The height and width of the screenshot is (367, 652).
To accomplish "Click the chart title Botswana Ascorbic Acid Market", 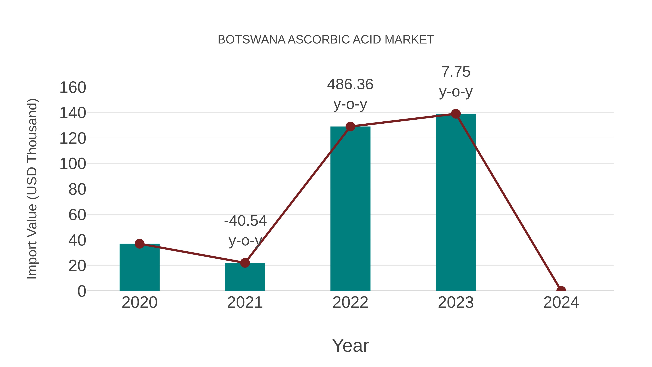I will pos(326,40).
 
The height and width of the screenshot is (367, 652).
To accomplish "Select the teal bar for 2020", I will pos(139,268).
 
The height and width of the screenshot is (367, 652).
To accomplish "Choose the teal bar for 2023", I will pos(456,203).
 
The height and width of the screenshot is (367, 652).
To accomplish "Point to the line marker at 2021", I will pos(245,263).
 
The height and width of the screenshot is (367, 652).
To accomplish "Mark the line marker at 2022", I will pos(350,126).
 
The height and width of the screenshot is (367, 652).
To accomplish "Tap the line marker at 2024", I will pos(561,290).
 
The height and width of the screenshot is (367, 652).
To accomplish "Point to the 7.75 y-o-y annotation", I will pos(456,82).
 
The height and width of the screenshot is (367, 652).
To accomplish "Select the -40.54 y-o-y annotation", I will pos(245,231).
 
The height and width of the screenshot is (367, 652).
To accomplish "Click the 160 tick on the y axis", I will pos(73,88).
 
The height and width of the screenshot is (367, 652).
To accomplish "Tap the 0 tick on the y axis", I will pos(82,291).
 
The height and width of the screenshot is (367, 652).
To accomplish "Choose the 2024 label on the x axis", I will pos(561,302).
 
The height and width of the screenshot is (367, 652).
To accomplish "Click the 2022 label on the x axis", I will pos(350,302).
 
